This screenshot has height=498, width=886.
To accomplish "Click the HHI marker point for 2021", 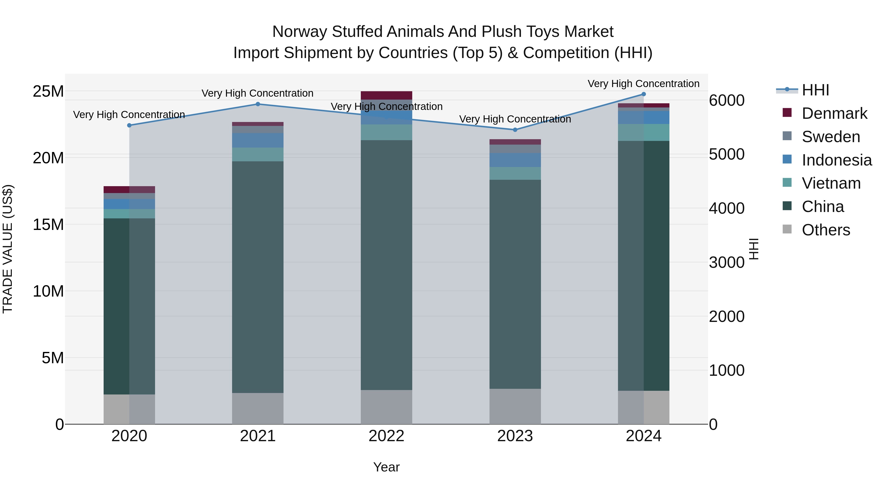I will point(258,104).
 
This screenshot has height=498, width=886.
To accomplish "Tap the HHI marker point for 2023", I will point(515,130).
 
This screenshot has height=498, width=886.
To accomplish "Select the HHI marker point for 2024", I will point(644,94).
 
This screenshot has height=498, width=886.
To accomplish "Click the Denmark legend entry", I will point(834,113).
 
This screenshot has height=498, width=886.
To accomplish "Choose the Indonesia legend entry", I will point(837,160).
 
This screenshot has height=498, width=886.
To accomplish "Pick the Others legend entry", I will point(825,230).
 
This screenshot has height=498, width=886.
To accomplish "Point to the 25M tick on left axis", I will point(48,91).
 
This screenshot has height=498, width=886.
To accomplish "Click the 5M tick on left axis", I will point(53,358).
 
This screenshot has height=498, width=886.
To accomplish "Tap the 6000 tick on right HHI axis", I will point(727,100).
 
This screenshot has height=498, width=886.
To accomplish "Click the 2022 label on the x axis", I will point(386,436).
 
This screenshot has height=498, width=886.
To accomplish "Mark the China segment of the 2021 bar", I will point(258,277).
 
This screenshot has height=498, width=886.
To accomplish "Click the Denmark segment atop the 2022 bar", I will point(386,95).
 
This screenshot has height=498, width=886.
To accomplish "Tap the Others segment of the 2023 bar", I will point(515,406).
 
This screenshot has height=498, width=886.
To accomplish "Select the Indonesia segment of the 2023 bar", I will point(515,160).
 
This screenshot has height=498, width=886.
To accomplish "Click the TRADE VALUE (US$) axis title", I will point(8,249).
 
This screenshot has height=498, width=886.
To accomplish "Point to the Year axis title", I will point(386,467).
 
